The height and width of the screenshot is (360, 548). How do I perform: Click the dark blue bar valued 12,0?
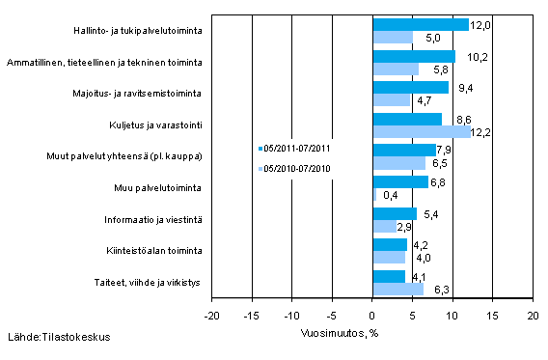420,25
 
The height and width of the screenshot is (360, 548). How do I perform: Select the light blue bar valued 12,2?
421,132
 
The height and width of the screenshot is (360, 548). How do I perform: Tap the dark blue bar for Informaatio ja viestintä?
394,213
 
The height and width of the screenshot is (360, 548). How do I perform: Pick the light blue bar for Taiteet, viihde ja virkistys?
397,289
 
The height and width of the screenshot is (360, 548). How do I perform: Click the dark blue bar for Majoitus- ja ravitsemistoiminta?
410,87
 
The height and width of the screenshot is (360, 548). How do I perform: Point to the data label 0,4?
392,195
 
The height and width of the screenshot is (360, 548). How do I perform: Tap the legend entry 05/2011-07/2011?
296,149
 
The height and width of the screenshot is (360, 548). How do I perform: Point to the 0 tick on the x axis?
372,315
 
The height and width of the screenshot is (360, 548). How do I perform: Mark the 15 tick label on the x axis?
492,315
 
